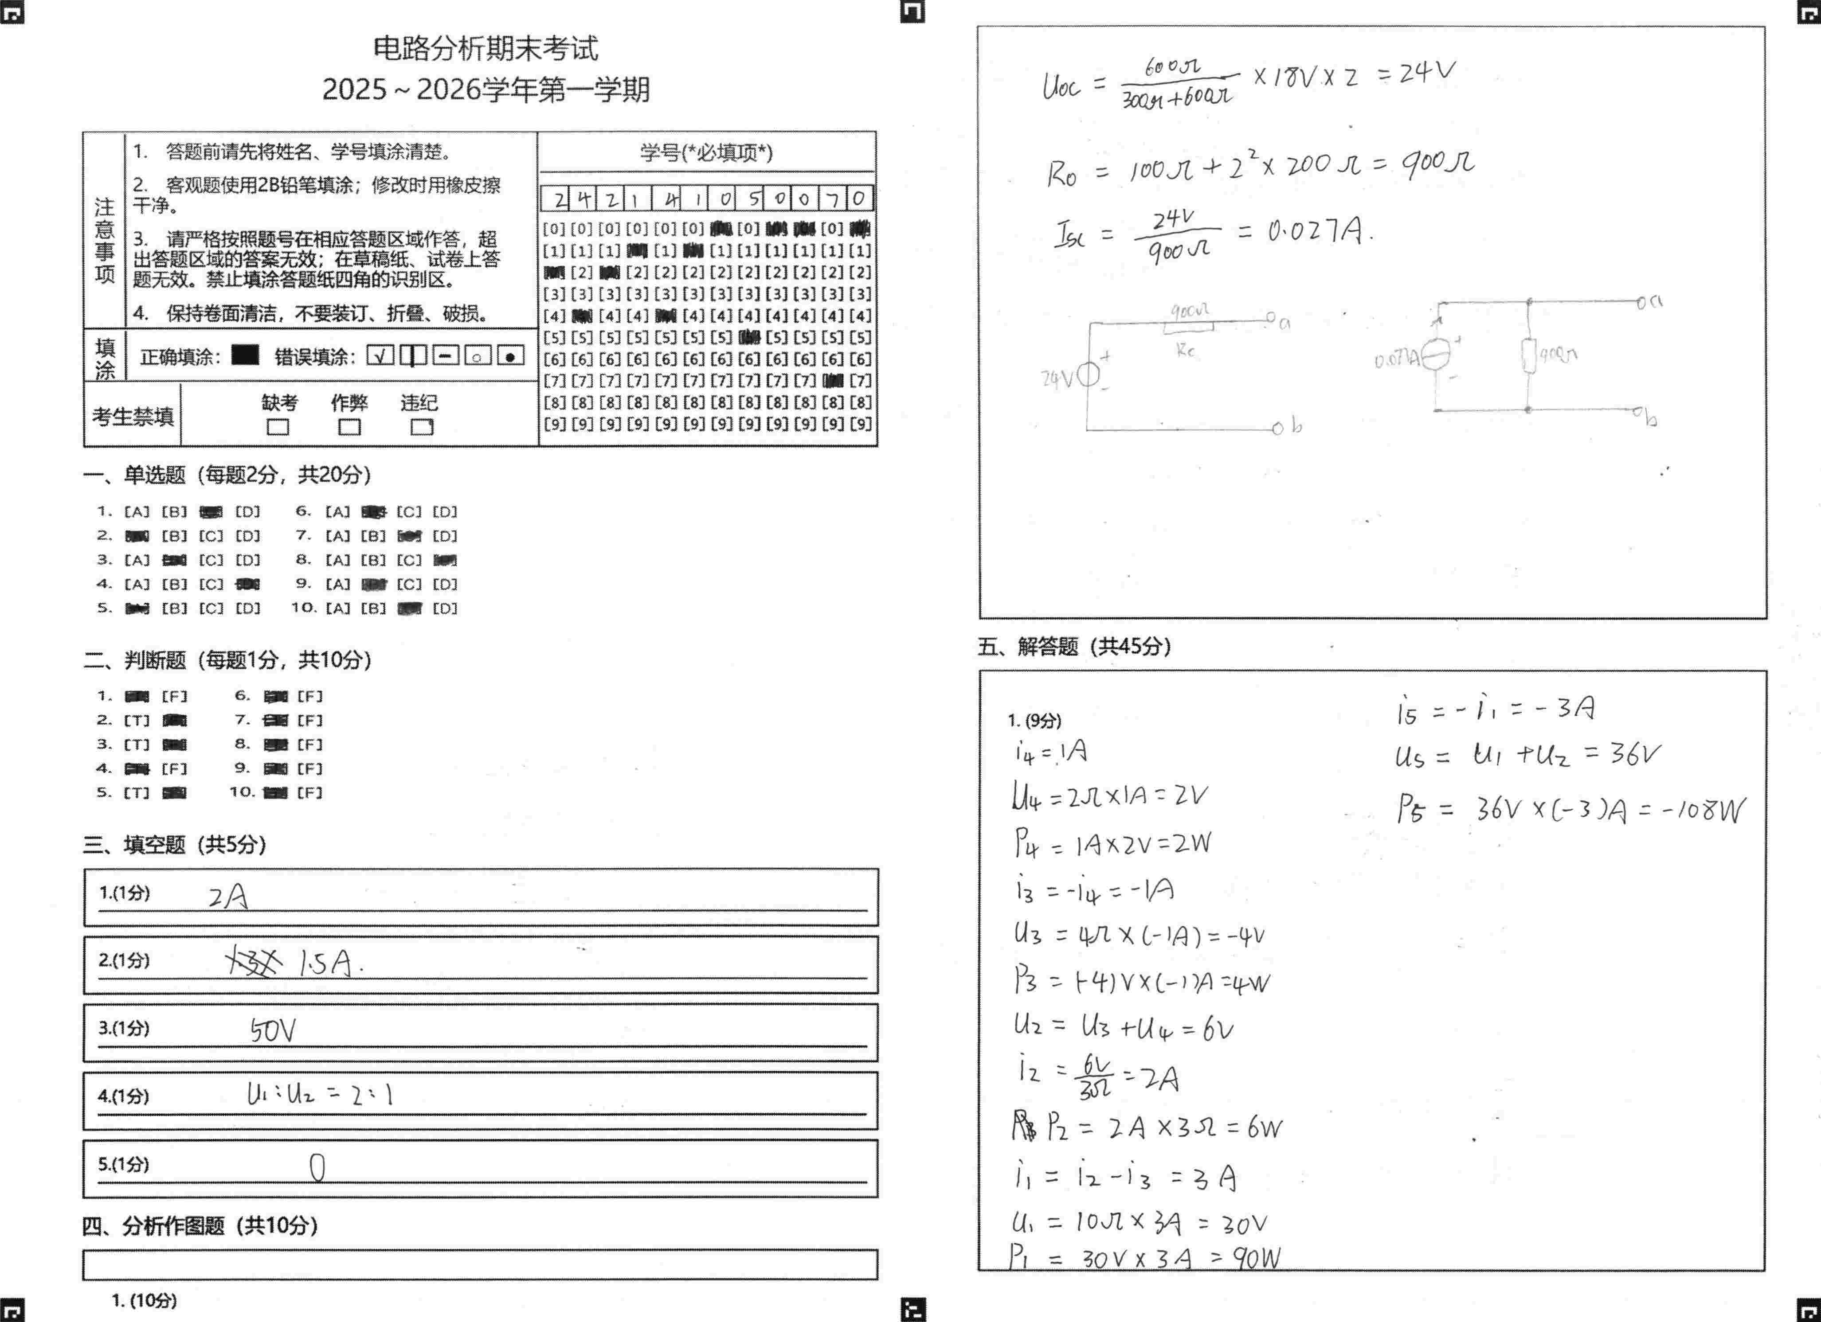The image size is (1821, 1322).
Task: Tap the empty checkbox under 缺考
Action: pyautogui.click(x=278, y=427)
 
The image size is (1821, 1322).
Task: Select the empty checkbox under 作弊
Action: pyautogui.click(x=349, y=427)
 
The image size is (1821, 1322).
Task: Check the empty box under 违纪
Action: pyautogui.click(x=422, y=427)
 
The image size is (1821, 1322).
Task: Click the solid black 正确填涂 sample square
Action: pyautogui.click(x=245, y=355)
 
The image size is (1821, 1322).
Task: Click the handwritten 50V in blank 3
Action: pyautogui.click(x=273, y=1030)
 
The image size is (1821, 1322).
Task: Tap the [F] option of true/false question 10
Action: pyautogui.click(x=310, y=793)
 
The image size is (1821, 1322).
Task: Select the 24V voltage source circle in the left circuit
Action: pyautogui.click(x=1088, y=375)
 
